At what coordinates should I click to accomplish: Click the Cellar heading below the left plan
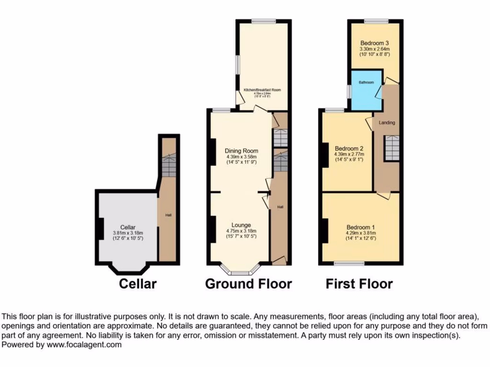tap(137, 284)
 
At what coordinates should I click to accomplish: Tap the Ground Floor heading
tap(248, 284)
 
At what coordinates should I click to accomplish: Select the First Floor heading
tap(359, 284)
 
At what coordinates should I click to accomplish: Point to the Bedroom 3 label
tap(375, 43)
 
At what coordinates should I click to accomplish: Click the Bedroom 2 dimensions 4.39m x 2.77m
tap(349, 154)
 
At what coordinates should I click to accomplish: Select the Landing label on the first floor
tap(387, 123)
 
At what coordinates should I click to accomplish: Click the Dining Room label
tap(242, 151)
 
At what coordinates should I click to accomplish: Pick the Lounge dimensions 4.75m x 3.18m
tap(242, 231)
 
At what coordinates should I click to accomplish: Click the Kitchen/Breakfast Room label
tap(262, 90)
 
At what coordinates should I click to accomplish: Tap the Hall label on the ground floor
tap(280, 207)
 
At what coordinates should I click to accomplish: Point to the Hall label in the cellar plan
tap(168, 216)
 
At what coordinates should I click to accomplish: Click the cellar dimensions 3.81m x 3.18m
tap(128, 233)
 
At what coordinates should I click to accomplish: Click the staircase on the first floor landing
tap(392, 148)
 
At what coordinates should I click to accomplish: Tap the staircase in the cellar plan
tap(168, 165)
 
